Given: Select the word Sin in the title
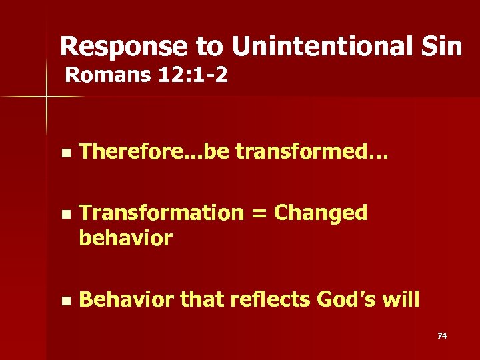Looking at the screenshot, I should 440,47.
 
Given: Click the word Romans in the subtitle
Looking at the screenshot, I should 109,75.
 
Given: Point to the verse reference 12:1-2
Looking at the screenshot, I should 193,75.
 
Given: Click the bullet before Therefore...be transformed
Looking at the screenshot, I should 64,153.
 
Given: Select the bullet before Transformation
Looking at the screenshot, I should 64,215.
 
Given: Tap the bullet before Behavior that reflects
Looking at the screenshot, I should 64,301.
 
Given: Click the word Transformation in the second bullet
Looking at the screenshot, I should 161,213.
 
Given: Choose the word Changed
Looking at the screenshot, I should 321,213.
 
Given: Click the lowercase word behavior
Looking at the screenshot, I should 125,238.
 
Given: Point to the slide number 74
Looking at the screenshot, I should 441,335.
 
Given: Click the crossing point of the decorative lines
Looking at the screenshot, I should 47,97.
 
